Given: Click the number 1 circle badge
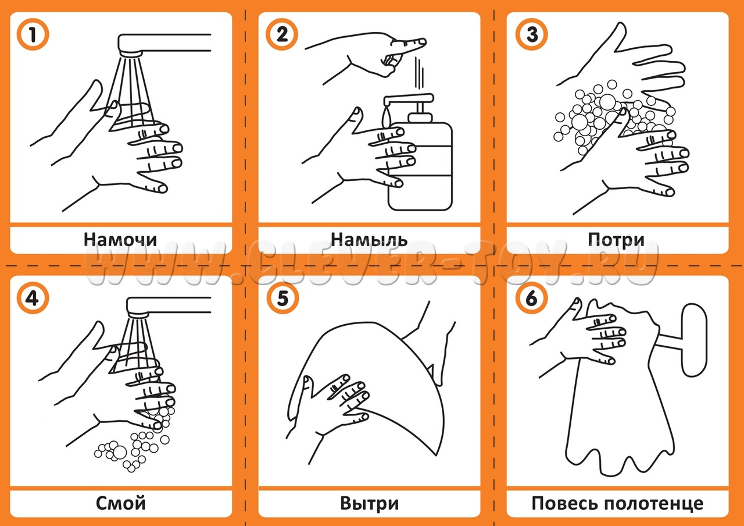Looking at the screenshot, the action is tap(33, 34).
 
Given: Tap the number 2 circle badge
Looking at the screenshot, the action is tap(282, 34).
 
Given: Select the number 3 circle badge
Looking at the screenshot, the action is tap(532, 34).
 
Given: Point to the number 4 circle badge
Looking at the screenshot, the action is tap(33, 298).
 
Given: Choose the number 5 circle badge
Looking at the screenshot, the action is tap(282, 298).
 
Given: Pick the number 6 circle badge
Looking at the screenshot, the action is tap(532, 298).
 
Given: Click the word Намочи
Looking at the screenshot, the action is tap(120, 239).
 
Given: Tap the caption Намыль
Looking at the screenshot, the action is tap(369, 239).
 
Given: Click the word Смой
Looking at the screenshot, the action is tap(120, 503).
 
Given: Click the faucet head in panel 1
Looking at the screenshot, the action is tap(131, 53).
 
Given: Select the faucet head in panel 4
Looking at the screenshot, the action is tap(138, 314).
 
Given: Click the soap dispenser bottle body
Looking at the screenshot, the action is tap(421, 166).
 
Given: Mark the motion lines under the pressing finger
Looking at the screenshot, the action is tap(419, 73).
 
